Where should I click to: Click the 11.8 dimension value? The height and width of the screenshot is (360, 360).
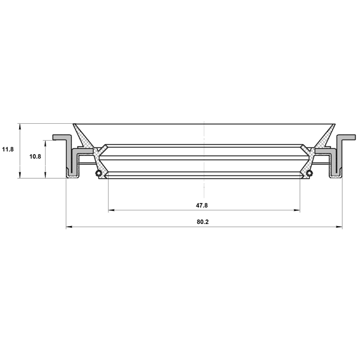[8, 150]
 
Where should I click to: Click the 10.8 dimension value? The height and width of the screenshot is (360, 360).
[35, 156]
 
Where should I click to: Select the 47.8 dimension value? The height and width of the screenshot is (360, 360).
[201, 205]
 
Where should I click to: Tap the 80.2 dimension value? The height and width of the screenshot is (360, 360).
[202, 222]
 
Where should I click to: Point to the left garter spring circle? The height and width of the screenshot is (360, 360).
[98, 173]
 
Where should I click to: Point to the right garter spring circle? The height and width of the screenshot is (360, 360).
[310, 173]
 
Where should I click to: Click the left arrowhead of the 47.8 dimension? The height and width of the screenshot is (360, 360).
[111, 210]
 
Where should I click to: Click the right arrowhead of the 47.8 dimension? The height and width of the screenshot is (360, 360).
[297, 210]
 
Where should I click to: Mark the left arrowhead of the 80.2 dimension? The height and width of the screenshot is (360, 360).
[69, 227]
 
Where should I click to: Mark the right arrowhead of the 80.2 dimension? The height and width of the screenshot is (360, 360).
[339, 227]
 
